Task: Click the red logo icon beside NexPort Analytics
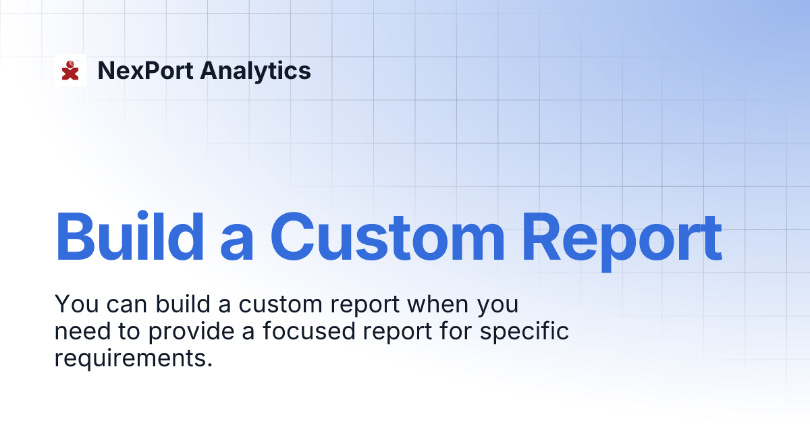pyautogui.click(x=70, y=69)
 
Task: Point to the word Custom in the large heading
pyautogui.click(x=387, y=237)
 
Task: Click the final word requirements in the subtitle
pyautogui.click(x=133, y=358)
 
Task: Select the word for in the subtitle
pyautogui.click(x=455, y=331)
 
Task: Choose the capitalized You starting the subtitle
pyautogui.click(x=74, y=305)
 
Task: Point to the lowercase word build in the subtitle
pyautogui.click(x=178, y=305)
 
